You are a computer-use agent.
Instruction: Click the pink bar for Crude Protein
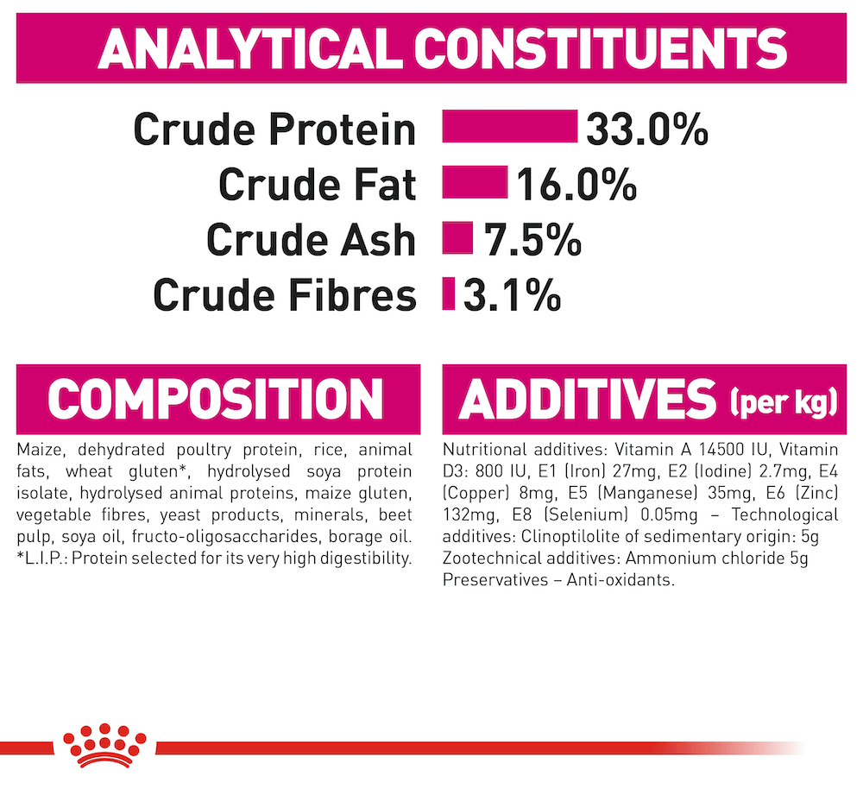click(x=510, y=126)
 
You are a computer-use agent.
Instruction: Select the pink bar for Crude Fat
click(x=475, y=181)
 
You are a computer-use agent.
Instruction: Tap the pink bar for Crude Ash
click(x=457, y=237)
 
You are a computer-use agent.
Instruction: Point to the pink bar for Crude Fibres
click(x=449, y=293)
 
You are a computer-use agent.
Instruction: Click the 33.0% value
click(x=646, y=129)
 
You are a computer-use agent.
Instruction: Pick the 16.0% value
click(x=576, y=185)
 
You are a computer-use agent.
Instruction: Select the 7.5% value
click(x=532, y=240)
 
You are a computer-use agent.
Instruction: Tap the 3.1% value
click(x=512, y=296)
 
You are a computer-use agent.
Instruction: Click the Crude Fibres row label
click(x=285, y=296)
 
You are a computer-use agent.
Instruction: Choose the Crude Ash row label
click(x=311, y=240)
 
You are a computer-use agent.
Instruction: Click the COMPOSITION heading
click(x=216, y=399)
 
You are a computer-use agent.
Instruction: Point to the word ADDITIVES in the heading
click(x=587, y=399)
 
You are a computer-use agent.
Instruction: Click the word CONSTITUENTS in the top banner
click(x=601, y=48)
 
